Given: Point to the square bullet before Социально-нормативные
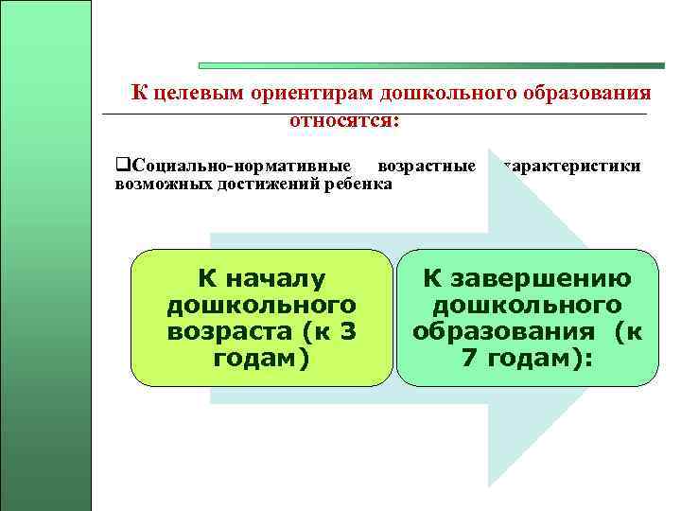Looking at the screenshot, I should click(x=120, y=166).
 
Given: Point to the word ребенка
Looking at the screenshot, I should click(x=358, y=183).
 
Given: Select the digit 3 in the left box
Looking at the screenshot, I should click(x=346, y=332).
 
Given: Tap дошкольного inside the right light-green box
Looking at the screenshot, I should click(x=527, y=306).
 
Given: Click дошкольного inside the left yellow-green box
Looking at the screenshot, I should click(x=260, y=306).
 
